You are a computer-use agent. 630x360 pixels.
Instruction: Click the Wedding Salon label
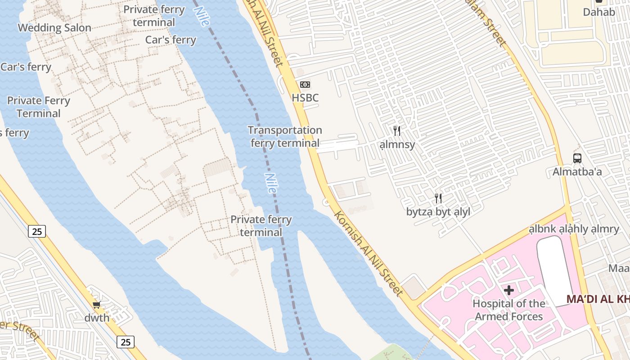pos(54,28)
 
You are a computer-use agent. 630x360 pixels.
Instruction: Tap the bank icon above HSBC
pos(305,85)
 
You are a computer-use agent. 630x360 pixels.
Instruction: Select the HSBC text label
pos(305,98)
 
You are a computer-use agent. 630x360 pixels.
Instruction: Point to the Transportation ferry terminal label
pos(285,137)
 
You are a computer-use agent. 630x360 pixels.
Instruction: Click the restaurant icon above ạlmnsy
pos(397,131)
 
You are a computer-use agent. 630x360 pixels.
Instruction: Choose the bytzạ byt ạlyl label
pos(438,212)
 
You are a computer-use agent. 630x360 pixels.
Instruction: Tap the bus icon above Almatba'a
pos(577,158)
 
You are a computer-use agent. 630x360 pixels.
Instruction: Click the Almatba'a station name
pos(577,172)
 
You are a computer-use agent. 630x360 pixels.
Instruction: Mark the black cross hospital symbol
pos(509,290)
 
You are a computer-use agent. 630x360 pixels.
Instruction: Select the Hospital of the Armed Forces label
pos(509,310)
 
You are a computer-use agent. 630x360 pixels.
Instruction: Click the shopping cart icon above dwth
pos(97,305)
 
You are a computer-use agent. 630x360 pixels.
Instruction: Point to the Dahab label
pos(599,12)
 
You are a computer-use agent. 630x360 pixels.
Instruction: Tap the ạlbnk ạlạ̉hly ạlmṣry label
pos(574,229)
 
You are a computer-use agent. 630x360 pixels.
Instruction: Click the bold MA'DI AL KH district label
pos(598,299)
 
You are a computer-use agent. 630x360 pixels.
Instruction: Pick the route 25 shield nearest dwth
pos(126,342)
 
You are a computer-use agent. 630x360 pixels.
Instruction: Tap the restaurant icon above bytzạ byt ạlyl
pos(438,198)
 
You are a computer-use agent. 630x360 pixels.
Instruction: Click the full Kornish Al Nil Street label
pos(368,254)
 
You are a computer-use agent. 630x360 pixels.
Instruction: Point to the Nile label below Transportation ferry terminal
pos(270,184)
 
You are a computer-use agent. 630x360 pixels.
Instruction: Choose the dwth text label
pos(97,318)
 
